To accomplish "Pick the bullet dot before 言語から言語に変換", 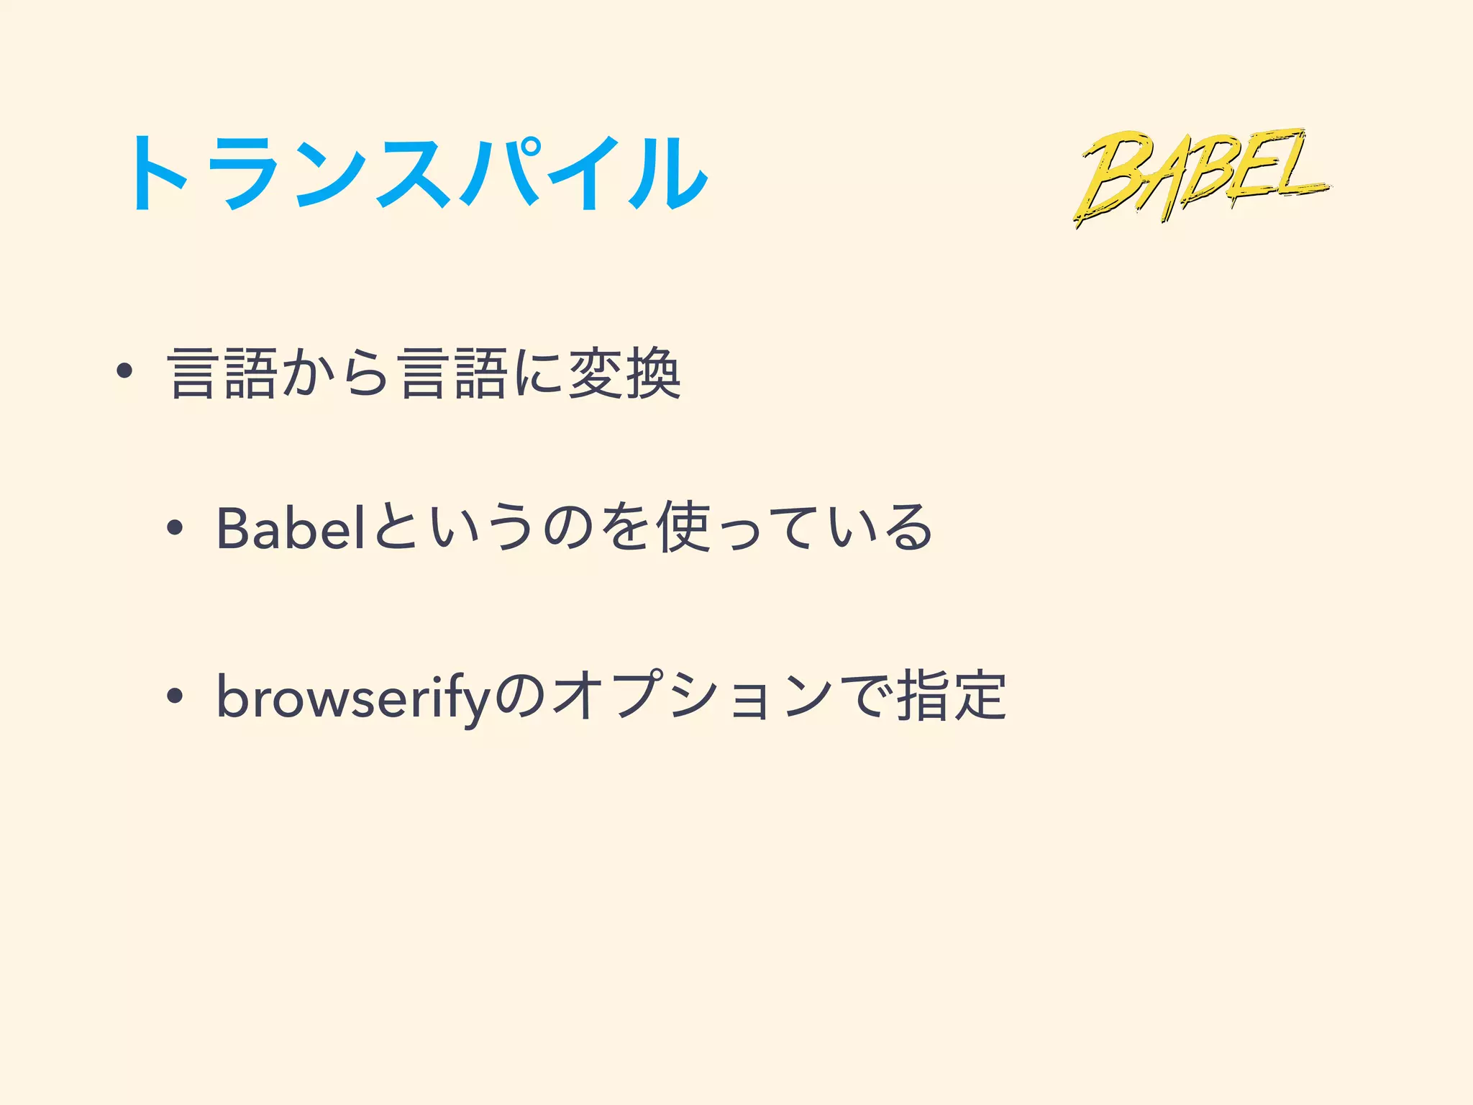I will (124, 371).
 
